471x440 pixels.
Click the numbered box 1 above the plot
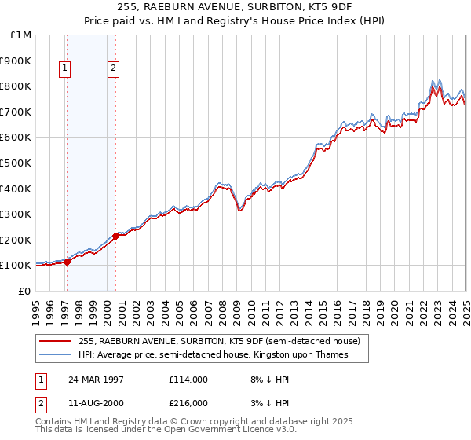tap(64, 69)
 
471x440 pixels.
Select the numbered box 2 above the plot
tap(114, 69)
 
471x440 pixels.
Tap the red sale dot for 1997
tap(67, 262)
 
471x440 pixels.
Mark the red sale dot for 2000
tap(115, 235)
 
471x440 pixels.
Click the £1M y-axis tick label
tap(20, 35)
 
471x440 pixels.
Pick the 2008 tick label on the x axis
tap(222, 306)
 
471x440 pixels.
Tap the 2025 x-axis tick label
tap(466, 306)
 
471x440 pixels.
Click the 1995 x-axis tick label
tap(35, 306)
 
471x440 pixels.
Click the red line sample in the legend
tap(57, 341)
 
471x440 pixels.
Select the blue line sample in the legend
tap(57, 355)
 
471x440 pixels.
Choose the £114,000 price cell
tap(188, 379)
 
